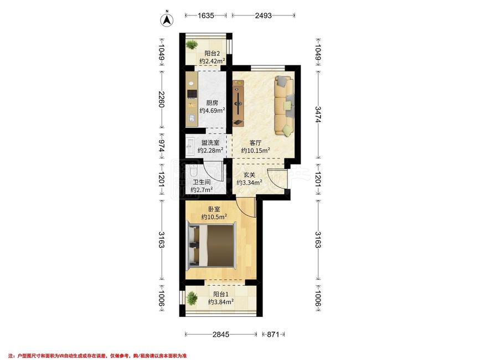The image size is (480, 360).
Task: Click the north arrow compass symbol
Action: pos(167,19)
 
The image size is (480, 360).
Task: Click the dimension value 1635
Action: pos(206,16)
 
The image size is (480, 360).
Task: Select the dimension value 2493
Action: pos(264,16)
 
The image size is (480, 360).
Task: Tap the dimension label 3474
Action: pos(318,115)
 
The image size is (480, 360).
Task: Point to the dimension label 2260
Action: pos(161,99)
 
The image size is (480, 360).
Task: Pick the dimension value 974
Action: pos(161,148)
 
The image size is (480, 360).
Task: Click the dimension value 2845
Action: pos(221,335)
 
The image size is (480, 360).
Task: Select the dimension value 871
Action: pos(273,335)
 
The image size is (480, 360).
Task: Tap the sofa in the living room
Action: pos(284,106)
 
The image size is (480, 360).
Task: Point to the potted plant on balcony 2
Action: pos(192,45)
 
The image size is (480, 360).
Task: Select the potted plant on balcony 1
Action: pos(192,298)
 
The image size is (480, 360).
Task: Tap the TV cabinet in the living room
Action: pos(238,103)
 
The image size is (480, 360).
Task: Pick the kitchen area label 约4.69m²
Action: pos(213,111)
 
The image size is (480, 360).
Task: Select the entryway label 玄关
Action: pos(250,175)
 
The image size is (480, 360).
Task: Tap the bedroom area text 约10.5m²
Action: pos(214,217)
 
